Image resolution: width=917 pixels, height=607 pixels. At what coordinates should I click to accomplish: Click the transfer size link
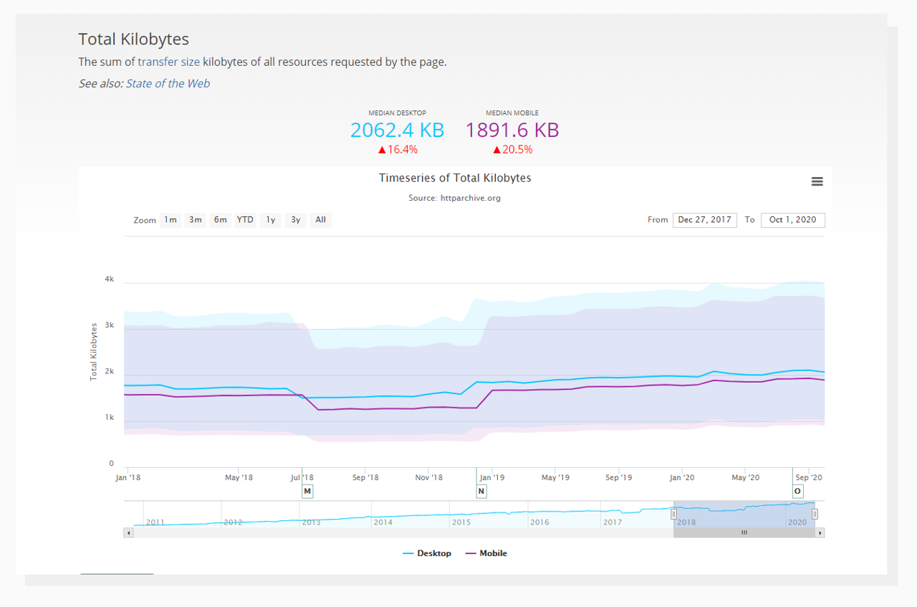[x=168, y=62]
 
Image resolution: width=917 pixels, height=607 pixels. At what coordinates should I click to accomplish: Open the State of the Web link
[x=168, y=83]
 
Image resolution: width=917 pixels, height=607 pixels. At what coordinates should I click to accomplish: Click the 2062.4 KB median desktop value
[x=397, y=130]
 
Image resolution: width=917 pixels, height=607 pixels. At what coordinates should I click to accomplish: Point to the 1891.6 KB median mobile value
[x=512, y=130]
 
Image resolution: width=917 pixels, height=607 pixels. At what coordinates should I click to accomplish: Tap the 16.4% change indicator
[x=397, y=150]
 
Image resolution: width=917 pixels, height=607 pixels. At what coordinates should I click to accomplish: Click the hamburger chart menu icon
[x=817, y=182]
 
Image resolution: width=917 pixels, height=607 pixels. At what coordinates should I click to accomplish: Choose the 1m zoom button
[x=170, y=220]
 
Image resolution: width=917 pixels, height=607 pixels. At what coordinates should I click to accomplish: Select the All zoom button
[x=320, y=220]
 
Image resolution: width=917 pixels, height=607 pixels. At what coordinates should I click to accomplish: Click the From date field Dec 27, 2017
[x=704, y=220]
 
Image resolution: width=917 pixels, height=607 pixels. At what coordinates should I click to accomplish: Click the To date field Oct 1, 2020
[x=792, y=220]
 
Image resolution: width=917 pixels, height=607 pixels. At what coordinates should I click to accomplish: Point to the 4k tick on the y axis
[x=109, y=279]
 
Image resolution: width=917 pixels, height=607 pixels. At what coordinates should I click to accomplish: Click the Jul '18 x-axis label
[x=302, y=477]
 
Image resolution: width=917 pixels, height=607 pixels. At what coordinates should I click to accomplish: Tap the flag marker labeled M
[x=307, y=492]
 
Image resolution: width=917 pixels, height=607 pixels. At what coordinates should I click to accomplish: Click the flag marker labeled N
[x=481, y=492]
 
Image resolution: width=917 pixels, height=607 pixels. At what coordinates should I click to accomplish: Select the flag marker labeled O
[x=797, y=492]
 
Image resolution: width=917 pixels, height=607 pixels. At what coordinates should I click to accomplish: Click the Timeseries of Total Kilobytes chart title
[x=455, y=178]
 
